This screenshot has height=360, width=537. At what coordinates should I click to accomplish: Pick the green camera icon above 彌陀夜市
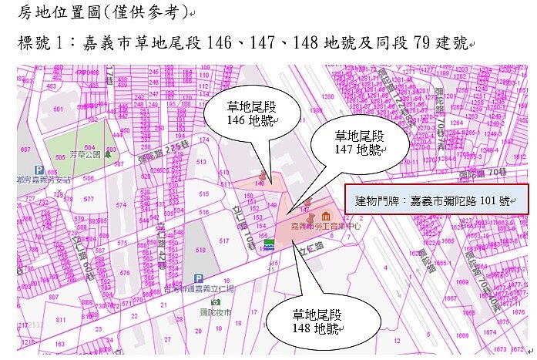(x=216, y=301)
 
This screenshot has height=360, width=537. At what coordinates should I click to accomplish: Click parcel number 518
(x=200, y=251)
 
